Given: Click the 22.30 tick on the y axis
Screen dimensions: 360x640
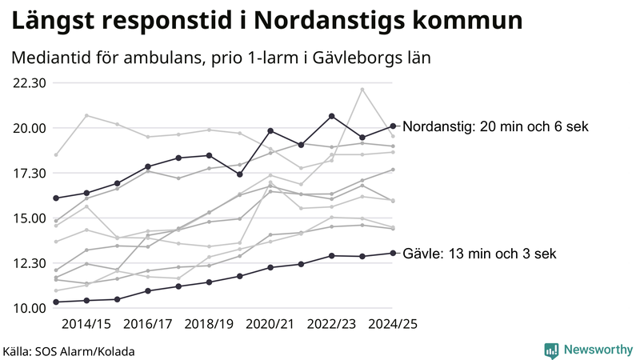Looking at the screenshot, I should [x=30, y=82].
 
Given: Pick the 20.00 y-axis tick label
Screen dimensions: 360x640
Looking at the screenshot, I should [x=30, y=128].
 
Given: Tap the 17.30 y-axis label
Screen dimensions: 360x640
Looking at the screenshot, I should [x=30, y=173].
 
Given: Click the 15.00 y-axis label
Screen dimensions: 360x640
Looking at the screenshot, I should [x=30, y=218].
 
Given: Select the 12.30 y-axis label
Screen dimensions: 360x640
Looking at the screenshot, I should [x=30, y=263].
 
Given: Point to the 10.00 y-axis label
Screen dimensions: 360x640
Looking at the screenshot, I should [x=30, y=308].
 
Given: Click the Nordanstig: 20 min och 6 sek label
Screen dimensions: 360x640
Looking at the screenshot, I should [x=496, y=126].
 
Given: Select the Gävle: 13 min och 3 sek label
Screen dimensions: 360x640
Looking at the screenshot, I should [x=479, y=253].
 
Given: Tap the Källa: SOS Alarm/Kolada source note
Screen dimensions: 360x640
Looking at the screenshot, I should [x=69, y=351].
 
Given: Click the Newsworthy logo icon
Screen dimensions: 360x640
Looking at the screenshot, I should [x=551, y=350].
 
